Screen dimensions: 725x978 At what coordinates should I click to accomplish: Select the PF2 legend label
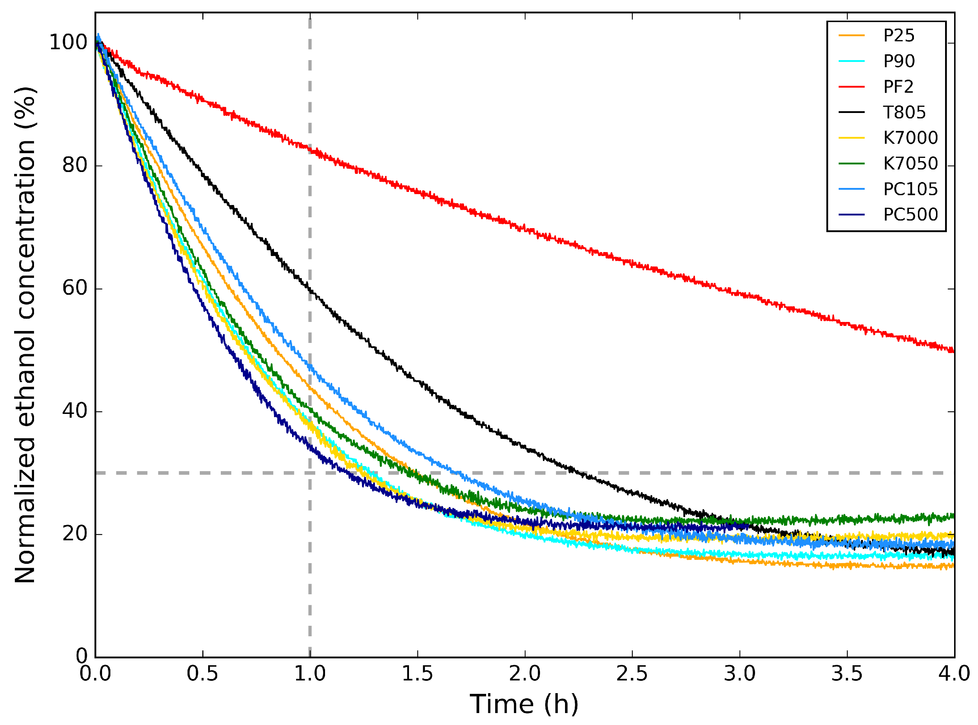[898, 87]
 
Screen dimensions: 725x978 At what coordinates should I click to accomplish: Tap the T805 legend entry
[904, 112]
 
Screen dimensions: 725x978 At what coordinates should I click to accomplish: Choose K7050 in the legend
[910, 163]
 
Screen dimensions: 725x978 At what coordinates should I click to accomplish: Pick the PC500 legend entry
[910, 215]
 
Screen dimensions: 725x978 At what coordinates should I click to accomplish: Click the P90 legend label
[899, 61]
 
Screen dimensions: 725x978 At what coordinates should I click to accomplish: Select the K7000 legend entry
[910, 138]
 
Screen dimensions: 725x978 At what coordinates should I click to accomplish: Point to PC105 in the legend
[910, 189]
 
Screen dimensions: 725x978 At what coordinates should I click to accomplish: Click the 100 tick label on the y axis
[68, 43]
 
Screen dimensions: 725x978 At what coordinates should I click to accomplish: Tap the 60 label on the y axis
[75, 288]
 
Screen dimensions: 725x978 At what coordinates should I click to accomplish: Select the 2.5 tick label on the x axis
[632, 674]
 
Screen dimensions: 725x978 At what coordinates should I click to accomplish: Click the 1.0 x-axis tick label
[309, 674]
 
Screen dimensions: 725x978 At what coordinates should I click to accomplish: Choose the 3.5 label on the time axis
[847, 674]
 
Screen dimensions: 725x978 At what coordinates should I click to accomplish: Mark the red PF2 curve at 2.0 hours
[525, 229]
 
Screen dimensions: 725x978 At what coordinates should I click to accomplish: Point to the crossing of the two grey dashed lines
[309, 473]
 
